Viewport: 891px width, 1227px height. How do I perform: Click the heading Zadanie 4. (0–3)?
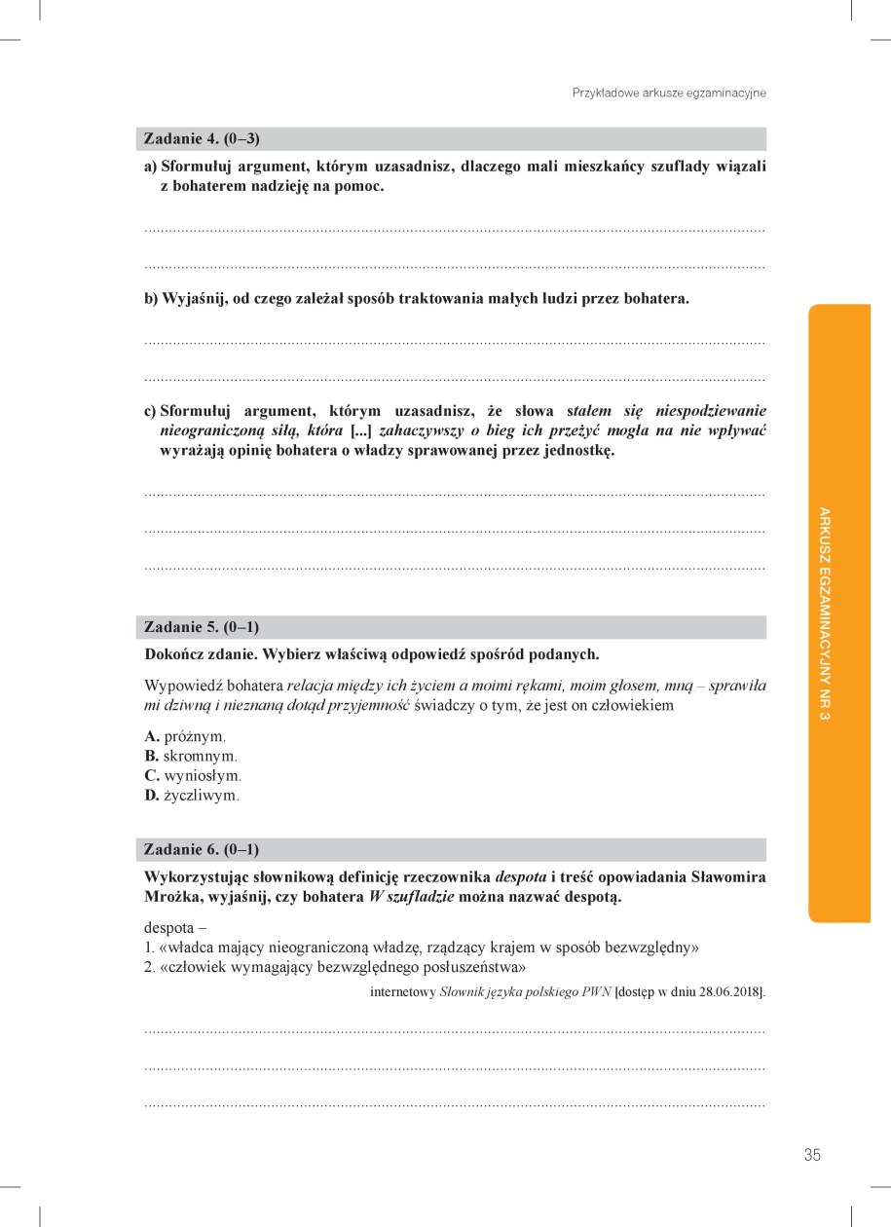coord(202,138)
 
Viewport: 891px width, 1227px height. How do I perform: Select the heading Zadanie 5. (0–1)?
coord(202,626)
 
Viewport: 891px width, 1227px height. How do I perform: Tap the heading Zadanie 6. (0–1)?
coord(202,849)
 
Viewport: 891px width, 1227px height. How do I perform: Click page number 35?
coord(812,1155)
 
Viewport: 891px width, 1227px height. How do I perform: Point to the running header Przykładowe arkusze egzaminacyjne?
coord(669,93)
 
